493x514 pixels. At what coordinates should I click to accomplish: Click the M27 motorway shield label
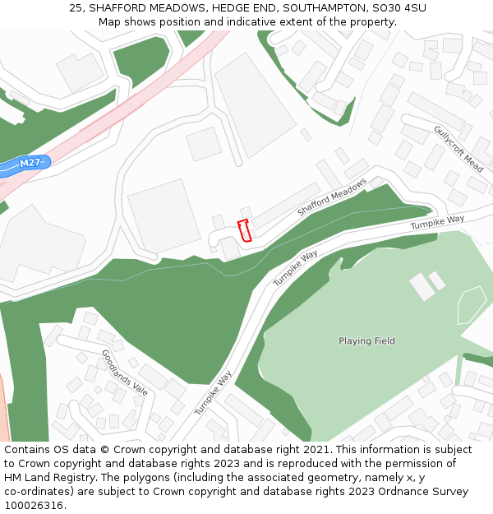click(x=30, y=163)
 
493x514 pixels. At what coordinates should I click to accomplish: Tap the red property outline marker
click(x=244, y=230)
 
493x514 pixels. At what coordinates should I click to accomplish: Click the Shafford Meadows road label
click(x=331, y=197)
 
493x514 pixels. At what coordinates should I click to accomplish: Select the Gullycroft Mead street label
click(x=458, y=148)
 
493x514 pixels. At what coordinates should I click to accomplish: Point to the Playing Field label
click(x=366, y=340)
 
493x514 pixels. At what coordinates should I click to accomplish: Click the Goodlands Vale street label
click(x=124, y=373)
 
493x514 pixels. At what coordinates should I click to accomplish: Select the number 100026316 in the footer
click(x=32, y=506)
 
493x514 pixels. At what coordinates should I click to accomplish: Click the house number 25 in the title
click(x=76, y=8)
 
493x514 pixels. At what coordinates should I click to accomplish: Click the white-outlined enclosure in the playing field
click(x=472, y=304)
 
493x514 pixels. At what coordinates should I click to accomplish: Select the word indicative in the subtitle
click(x=268, y=21)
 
